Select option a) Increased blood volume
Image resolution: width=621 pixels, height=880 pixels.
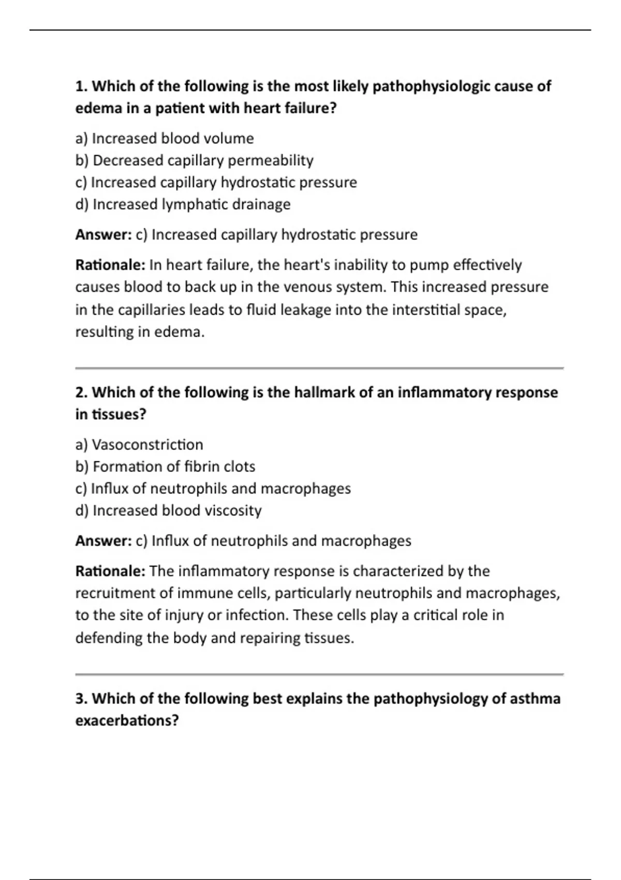pyautogui.click(x=165, y=139)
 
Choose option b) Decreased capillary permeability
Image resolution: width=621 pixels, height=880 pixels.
pyautogui.click(x=194, y=160)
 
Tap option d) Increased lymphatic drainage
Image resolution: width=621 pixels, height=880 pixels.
pyautogui.click(x=183, y=204)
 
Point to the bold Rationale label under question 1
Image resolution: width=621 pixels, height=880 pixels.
pyautogui.click(x=110, y=265)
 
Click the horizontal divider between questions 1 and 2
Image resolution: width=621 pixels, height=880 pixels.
pyautogui.click(x=319, y=368)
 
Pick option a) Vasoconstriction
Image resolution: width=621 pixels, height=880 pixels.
pyautogui.click(x=139, y=445)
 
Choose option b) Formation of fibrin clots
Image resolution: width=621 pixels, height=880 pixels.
pyautogui.click(x=165, y=467)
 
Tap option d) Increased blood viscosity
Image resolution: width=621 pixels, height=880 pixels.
pyautogui.click(x=168, y=511)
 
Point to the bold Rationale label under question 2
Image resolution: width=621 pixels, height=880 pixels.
pyautogui.click(x=110, y=571)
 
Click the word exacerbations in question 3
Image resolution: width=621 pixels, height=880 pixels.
pyautogui.click(x=126, y=721)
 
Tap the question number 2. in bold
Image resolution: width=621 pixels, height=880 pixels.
pyautogui.click(x=82, y=392)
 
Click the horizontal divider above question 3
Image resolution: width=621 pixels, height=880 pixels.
pyautogui.click(x=319, y=674)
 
